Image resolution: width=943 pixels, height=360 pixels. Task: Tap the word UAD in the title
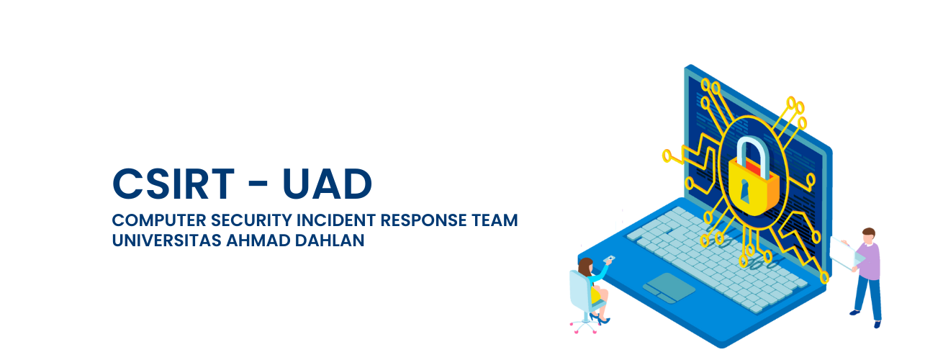coord(327,184)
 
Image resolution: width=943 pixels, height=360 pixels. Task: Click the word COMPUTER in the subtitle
coord(159,220)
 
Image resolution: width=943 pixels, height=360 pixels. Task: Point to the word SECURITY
coord(251,220)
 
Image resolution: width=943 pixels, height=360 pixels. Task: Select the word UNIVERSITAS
coord(167,240)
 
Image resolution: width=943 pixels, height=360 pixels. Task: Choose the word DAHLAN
coord(330,240)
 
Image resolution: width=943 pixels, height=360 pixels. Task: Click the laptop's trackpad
coord(669,287)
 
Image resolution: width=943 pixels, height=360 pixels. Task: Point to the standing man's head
coord(868,235)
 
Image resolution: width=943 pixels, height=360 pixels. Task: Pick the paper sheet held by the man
coord(846,253)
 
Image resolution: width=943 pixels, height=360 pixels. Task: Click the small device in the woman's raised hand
coord(609,259)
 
